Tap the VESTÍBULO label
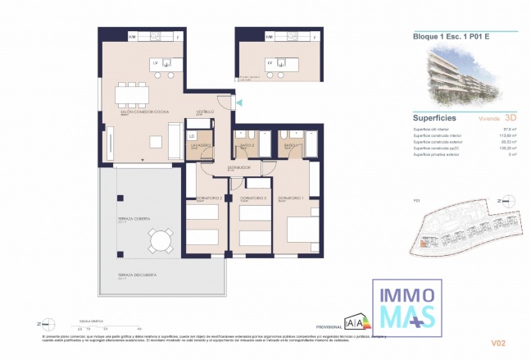pos(204,112)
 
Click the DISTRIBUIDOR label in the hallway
pos(238,169)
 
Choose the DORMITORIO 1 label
pos(291,198)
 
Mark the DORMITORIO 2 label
pos(199,198)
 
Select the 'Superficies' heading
pos(434,117)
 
